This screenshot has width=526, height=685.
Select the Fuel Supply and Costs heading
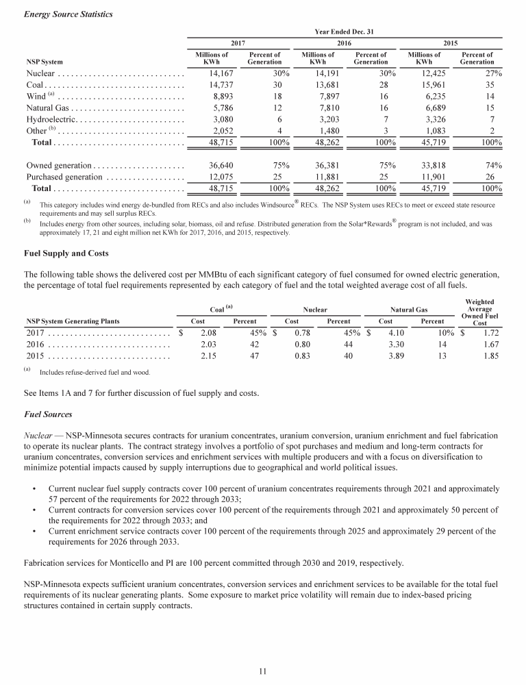[66, 253]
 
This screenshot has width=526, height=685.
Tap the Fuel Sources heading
[48, 415]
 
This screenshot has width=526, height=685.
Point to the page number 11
[263, 671]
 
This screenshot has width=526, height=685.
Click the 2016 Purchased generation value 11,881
[322, 177]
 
